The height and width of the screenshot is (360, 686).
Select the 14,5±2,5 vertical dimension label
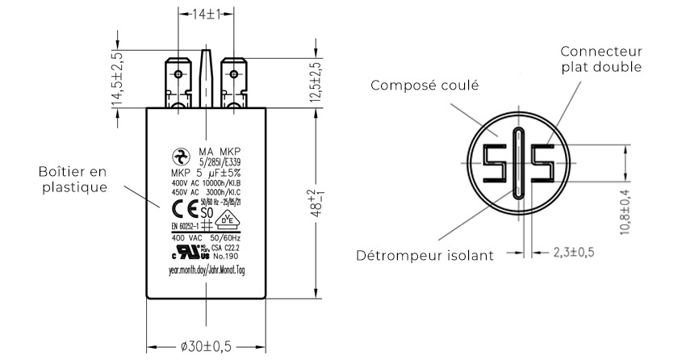(x=117, y=80)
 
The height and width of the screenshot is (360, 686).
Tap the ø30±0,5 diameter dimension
(x=207, y=345)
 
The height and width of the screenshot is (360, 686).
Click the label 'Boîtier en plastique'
(x=72, y=179)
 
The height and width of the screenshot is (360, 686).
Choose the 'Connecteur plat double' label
(x=601, y=59)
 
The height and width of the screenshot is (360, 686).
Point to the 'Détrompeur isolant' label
(x=425, y=256)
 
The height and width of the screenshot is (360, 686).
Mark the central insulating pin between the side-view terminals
(x=206, y=76)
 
